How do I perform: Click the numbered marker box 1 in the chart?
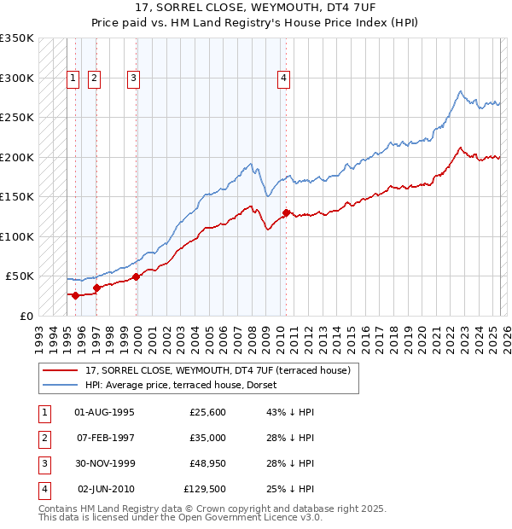73,78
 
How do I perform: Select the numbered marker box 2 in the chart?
93,78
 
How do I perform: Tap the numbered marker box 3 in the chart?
134,78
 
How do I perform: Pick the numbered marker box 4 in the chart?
283,78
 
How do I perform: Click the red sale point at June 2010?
286,212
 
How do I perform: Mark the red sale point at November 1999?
137,276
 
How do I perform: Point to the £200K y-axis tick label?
16,157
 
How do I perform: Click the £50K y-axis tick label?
19,276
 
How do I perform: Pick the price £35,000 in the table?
207,439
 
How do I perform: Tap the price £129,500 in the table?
205,490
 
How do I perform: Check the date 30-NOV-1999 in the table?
105,464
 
